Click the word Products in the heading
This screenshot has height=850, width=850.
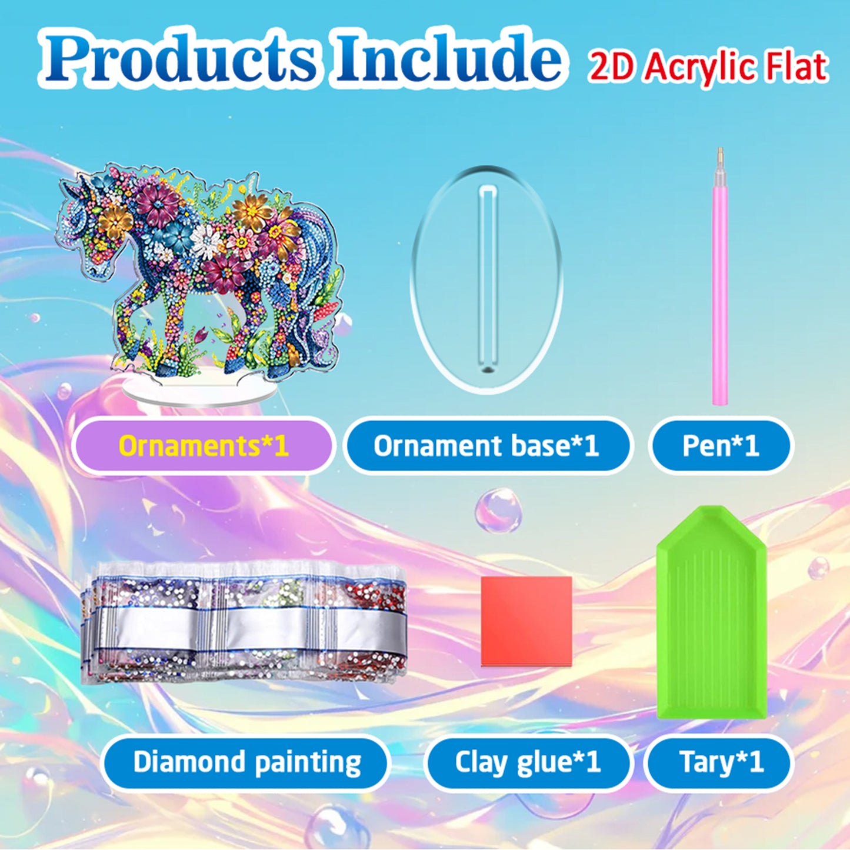click(179, 59)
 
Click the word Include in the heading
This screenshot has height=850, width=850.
click(447, 59)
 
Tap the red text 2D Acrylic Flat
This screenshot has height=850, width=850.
click(708, 67)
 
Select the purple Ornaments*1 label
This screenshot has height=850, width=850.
click(203, 446)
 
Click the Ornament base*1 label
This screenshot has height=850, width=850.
click(486, 446)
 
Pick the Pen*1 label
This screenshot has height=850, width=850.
click(721, 446)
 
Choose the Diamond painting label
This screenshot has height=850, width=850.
click(246, 763)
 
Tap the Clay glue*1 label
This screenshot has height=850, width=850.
click(527, 763)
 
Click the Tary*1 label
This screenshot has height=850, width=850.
click(721, 763)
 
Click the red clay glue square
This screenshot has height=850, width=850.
click(526, 621)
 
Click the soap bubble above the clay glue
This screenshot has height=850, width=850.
click(498, 509)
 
